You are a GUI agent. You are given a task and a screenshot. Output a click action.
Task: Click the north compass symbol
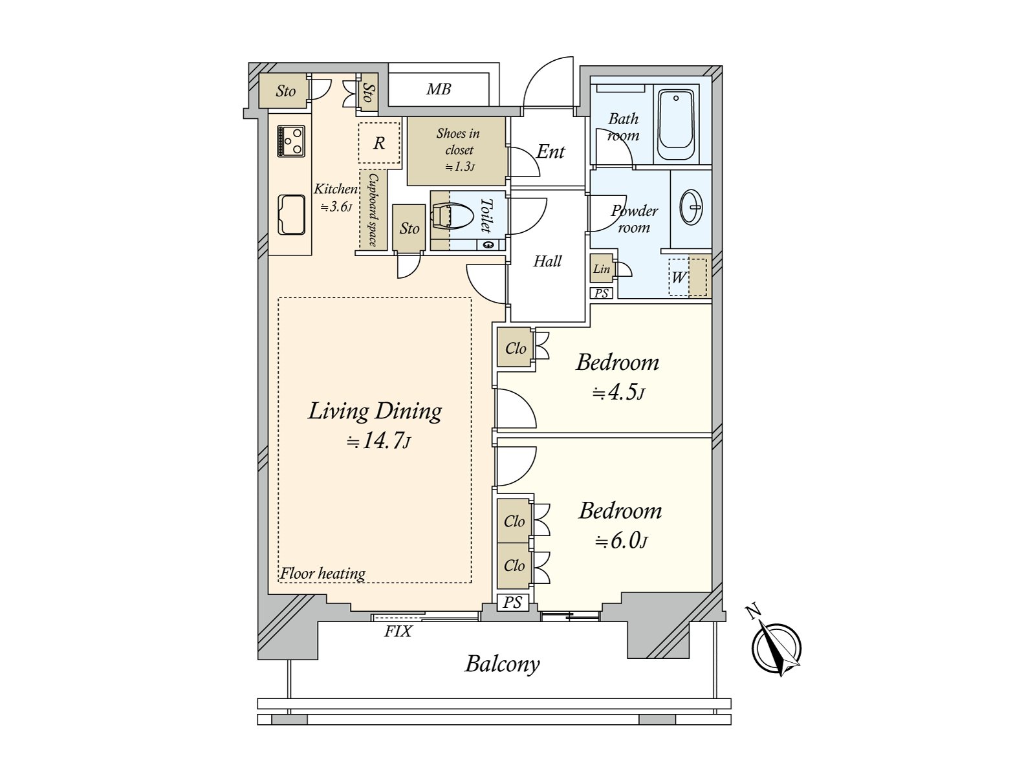click(776, 647)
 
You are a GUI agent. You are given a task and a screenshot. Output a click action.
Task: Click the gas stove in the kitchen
click(291, 141)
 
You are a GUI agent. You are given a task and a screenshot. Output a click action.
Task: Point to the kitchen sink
click(291, 215)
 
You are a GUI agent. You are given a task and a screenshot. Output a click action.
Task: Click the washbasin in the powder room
click(692, 207)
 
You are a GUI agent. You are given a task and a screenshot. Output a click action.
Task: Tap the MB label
click(439, 89)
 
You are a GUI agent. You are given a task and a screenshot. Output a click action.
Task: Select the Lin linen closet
click(602, 268)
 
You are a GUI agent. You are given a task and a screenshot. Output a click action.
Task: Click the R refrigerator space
click(378, 143)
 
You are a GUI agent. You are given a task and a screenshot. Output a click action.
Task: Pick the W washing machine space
click(688, 277)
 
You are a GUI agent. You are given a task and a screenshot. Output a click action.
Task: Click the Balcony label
click(502, 664)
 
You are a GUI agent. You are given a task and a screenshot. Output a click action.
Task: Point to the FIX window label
click(398, 631)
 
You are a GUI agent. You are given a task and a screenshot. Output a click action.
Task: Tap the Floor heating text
click(323, 574)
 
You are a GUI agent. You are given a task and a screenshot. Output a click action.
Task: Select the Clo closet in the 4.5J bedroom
click(515, 348)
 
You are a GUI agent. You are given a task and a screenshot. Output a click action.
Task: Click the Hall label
click(547, 261)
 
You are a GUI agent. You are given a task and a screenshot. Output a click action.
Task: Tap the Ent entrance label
click(550, 152)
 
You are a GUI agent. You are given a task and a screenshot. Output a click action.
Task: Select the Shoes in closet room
click(457, 151)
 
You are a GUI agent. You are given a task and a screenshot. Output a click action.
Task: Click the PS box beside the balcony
click(512, 602)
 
